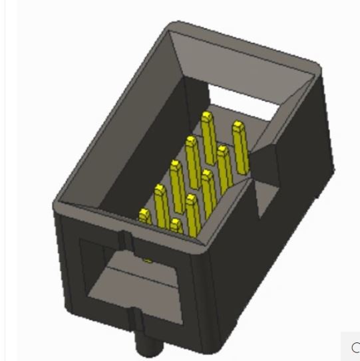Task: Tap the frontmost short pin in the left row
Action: click(x=145, y=215)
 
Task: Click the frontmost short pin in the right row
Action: click(x=175, y=226)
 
